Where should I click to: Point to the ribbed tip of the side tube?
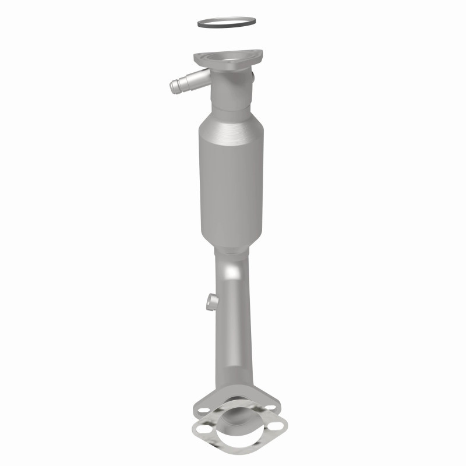[174, 88]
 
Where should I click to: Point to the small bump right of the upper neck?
[252, 76]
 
